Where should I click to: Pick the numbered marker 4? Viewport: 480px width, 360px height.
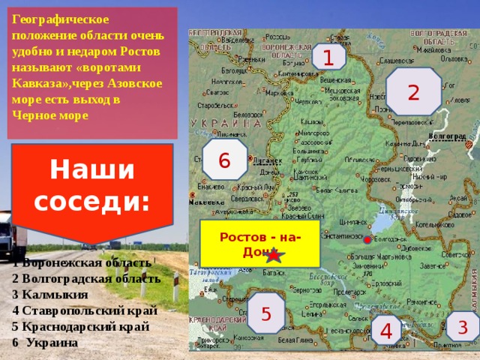pos(387,330)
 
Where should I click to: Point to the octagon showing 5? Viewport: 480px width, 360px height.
pos(266,312)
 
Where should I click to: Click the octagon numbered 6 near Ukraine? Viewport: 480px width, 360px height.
pos(224,159)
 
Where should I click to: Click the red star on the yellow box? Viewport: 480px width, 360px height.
pos(274,255)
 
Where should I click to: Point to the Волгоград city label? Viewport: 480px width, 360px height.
pos(446,137)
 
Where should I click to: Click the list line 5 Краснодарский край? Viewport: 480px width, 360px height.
pos(80,326)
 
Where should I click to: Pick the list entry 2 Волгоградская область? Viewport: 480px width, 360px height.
pos(86,277)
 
